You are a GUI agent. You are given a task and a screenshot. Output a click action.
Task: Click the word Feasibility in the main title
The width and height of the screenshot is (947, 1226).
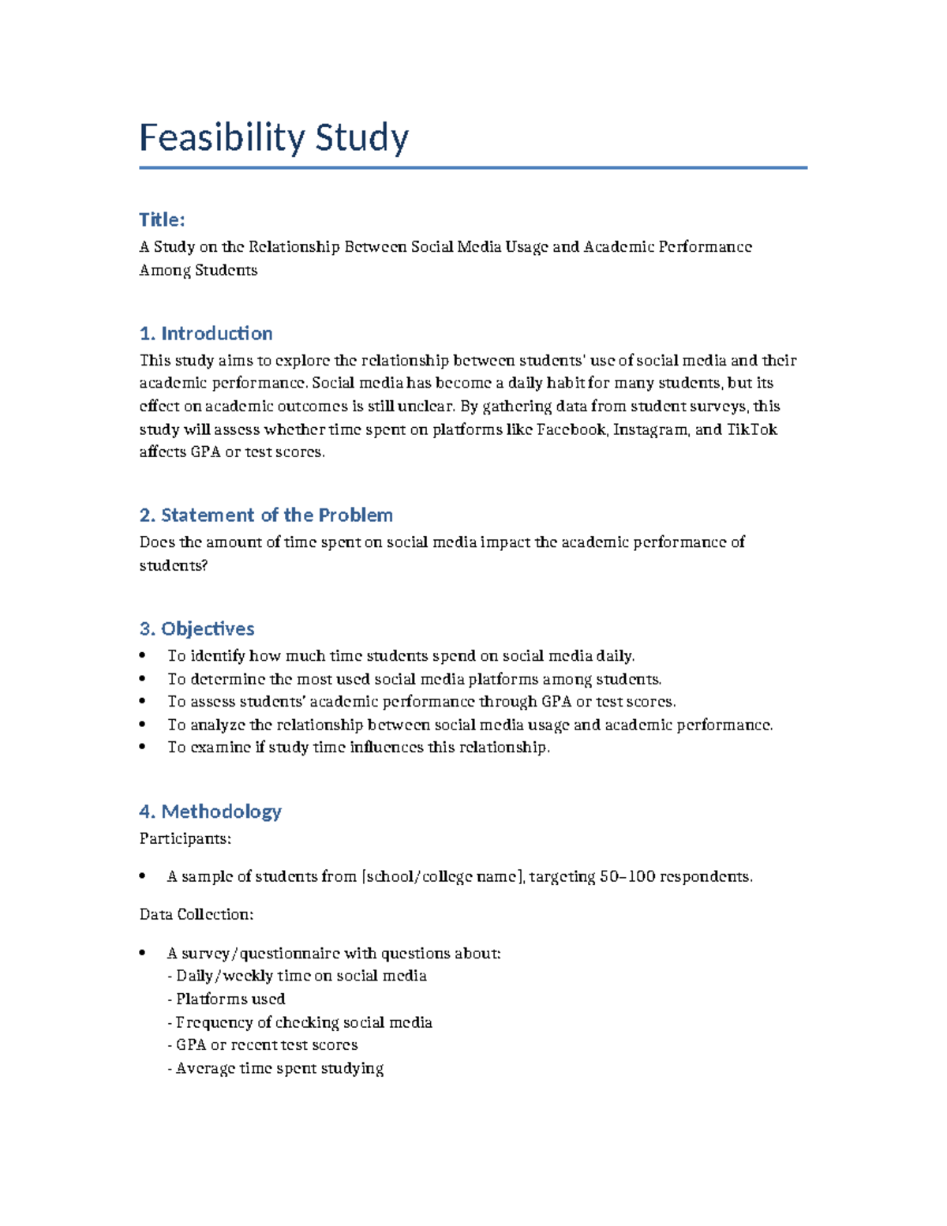click(x=223, y=137)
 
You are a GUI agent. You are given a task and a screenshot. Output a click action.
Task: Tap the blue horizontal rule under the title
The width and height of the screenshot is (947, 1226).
click(x=473, y=167)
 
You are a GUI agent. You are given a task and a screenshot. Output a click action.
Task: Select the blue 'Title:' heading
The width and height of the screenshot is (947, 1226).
click(x=162, y=219)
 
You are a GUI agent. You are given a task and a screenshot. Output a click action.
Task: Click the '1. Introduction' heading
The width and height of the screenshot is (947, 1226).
click(x=206, y=333)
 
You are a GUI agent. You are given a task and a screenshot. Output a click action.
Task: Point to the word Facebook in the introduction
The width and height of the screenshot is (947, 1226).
click(x=571, y=429)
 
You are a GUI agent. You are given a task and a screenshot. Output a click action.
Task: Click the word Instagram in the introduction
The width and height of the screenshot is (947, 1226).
click(x=651, y=429)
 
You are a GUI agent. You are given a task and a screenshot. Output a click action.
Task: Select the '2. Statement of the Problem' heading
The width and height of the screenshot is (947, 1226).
click(x=266, y=515)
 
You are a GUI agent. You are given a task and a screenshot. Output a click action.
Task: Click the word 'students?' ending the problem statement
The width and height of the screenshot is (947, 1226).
click(x=173, y=565)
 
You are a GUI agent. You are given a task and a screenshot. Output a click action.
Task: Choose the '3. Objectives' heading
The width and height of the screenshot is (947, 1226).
click(x=197, y=628)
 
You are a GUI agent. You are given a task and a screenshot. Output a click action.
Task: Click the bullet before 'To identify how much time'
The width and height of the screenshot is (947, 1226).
click(x=143, y=655)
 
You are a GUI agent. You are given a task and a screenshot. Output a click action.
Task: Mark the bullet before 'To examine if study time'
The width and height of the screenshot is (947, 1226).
click(x=143, y=747)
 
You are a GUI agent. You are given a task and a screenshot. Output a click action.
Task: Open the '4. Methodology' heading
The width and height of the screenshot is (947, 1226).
click(x=210, y=811)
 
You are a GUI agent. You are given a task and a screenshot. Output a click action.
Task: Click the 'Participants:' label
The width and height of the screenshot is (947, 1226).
click(x=185, y=838)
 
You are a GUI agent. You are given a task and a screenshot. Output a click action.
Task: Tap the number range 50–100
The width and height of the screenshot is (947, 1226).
click(x=627, y=876)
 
